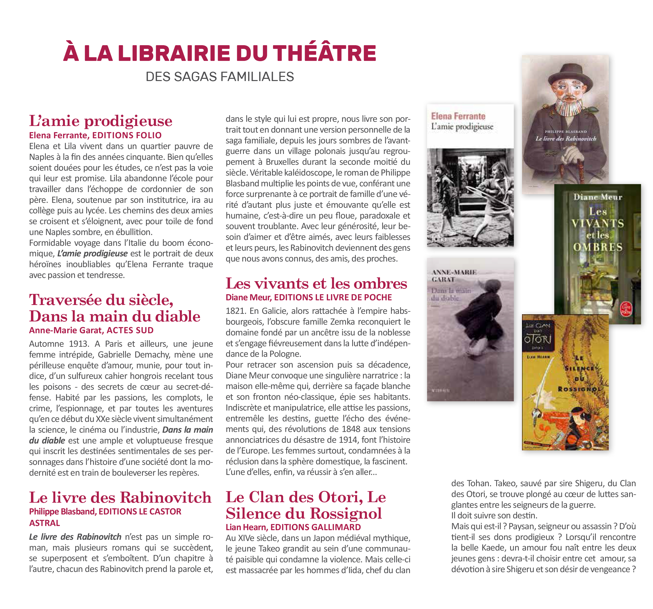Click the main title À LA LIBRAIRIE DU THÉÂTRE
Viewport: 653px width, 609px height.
[219, 53]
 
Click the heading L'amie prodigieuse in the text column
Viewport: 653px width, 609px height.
[101, 121]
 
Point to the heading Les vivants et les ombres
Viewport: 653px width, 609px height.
[316, 283]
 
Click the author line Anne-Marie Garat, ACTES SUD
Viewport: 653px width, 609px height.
[91, 330]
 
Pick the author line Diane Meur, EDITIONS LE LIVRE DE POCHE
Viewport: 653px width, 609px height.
[308, 297]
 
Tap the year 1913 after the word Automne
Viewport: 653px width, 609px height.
[78, 344]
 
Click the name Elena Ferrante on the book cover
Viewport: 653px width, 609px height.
[458, 116]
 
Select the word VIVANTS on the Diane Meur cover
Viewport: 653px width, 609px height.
[597, 223]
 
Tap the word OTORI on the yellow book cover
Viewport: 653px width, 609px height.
[537, 339]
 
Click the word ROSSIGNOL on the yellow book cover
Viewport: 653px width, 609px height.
[580, 389]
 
